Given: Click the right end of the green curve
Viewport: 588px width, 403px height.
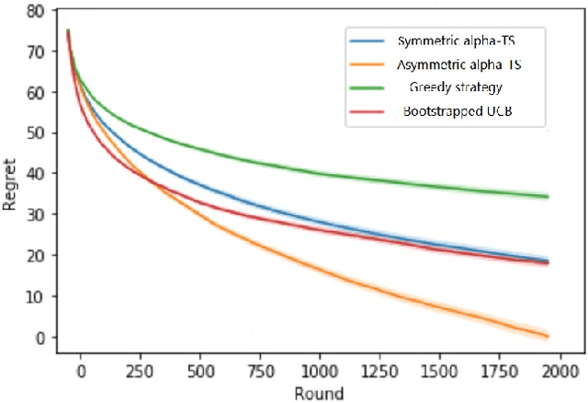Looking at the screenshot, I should tap(548, 196).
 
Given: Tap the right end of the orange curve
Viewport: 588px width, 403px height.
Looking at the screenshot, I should tap(548, 335).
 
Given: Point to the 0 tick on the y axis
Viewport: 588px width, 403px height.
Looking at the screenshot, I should tap(38, 338).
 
